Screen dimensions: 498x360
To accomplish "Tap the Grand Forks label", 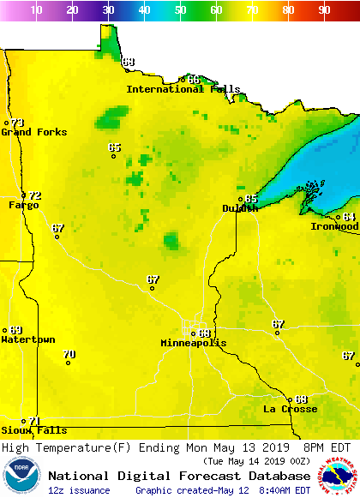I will pos(28,132).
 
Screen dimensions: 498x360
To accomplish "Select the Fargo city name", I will pos(24,206).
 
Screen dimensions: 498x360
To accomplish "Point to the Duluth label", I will pos(240,208).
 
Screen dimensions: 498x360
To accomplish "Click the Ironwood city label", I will pos(334,226).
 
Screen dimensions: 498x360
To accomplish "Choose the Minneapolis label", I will pos(194,343).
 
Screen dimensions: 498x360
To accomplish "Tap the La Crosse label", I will pos(291,409).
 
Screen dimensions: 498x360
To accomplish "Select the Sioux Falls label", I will pos(33,430).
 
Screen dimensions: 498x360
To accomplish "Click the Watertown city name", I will pos(28,339).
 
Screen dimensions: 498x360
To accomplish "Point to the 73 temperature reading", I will pos(17,123).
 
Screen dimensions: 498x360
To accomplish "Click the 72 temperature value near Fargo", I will pos(35,196).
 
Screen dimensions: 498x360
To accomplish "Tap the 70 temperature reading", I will pos(69,354).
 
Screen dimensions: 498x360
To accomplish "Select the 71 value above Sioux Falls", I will pos(34,421).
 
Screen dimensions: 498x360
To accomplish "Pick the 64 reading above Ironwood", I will pos(349,217).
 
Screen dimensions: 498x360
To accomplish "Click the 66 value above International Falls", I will pos(194,80).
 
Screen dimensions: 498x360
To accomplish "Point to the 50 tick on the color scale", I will pos(181,10).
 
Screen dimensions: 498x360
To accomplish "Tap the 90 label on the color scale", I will pos(324,10).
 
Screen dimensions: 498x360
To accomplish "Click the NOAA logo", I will pos(21,476).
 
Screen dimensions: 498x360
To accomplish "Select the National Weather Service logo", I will pos(338,476).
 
